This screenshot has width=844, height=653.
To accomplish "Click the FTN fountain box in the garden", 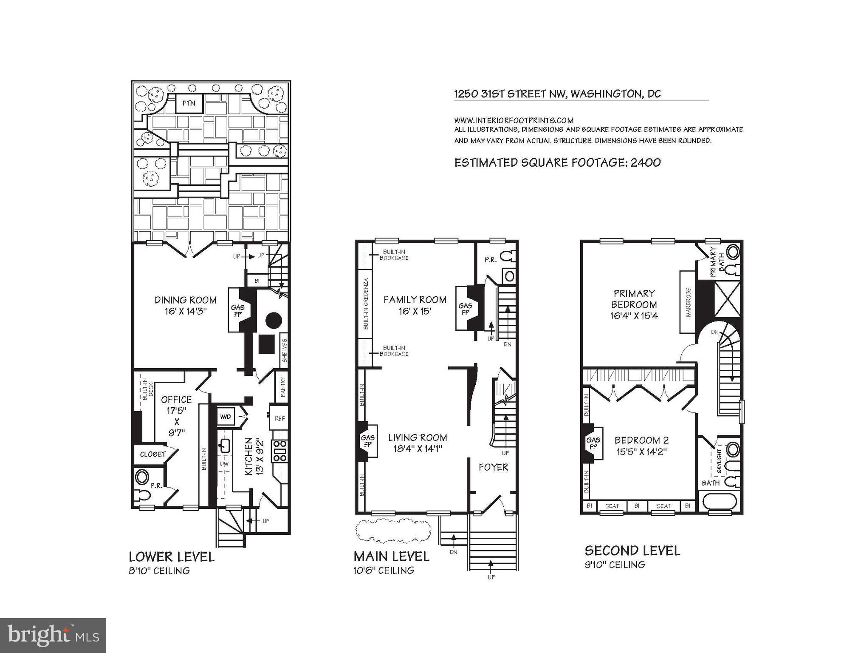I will tap(189, 103).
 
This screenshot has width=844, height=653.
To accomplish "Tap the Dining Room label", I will tap(185, 300).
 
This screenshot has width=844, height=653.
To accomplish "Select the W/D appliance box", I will tap(225, 417).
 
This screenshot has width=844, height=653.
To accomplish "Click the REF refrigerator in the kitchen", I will tap(279, 418).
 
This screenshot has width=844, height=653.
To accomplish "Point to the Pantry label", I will tap(282, 387).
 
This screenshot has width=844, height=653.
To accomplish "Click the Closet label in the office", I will tap(152, 454).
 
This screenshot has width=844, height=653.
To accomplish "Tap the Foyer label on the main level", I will tap(493, 467).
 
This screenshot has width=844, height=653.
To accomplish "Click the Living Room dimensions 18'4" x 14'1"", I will tap(418, 449).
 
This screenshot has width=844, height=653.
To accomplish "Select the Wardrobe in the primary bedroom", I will tap(688, 302).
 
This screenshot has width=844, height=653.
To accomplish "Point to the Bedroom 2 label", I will tap(642, 440).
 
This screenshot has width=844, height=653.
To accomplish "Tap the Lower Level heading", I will tap(172, 557).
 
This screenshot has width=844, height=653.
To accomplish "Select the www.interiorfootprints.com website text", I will tap(514, 120).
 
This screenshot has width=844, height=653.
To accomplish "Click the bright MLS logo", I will tap(53, 636).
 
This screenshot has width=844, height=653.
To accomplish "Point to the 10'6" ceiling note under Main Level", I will tap(384, 571).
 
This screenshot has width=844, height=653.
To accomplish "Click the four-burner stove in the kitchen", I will tap(279, 451).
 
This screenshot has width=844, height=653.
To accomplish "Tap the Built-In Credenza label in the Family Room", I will tap(365, 304).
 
